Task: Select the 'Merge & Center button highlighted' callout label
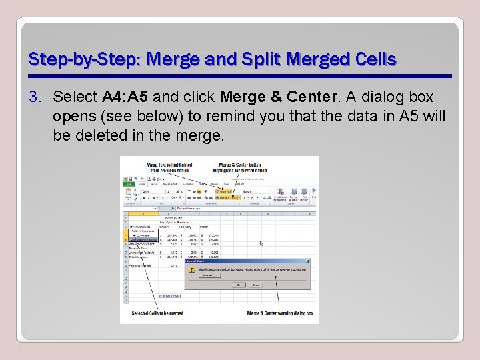(239, 167)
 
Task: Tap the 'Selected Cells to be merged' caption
(153, 313)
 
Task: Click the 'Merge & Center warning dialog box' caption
(279, 313)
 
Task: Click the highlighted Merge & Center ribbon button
(227, 197)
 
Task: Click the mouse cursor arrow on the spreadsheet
(261, 243)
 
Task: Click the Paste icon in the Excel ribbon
(127, 193)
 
